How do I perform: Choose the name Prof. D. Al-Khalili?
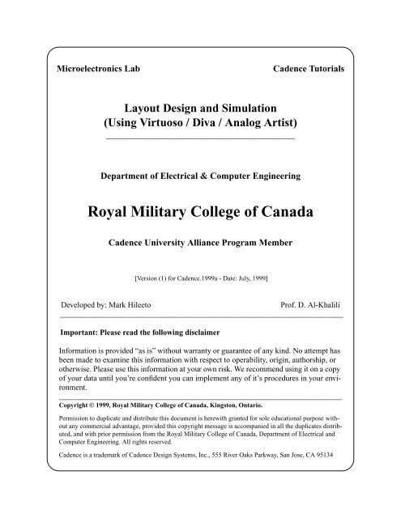point(311,308)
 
